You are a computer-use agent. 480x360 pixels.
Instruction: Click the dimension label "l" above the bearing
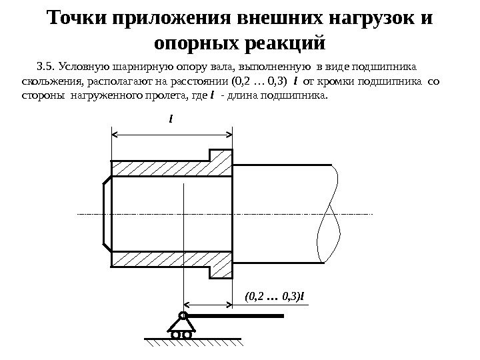coord(171,121)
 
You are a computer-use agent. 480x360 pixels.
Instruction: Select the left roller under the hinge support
coord(175,335)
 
